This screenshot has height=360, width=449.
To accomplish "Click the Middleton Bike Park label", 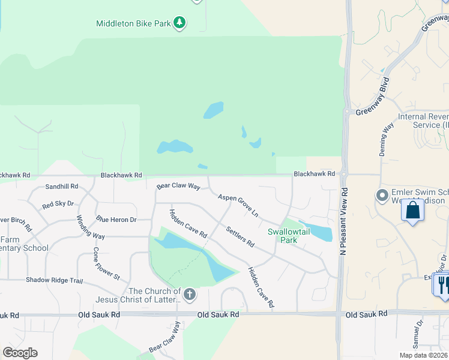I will coord(133,24).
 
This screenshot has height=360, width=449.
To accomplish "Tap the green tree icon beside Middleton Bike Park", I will coord(179,23).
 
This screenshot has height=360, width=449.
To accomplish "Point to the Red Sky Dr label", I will coord(57,205).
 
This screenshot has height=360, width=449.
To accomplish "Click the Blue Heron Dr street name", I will coord(116,220).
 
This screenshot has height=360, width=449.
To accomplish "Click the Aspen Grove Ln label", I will coord(238,205).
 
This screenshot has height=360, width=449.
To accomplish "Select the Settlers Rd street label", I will coord(240,236).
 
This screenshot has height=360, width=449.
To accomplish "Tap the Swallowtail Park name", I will coord(283,236).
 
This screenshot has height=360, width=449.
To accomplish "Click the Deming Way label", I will coord(386,140).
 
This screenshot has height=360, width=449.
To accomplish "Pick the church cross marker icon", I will coord(190,294).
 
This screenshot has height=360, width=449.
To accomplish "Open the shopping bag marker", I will coord(412,211).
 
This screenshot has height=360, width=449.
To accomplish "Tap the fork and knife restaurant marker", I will coord(442,284).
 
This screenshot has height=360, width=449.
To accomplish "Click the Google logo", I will coord(20,353).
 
